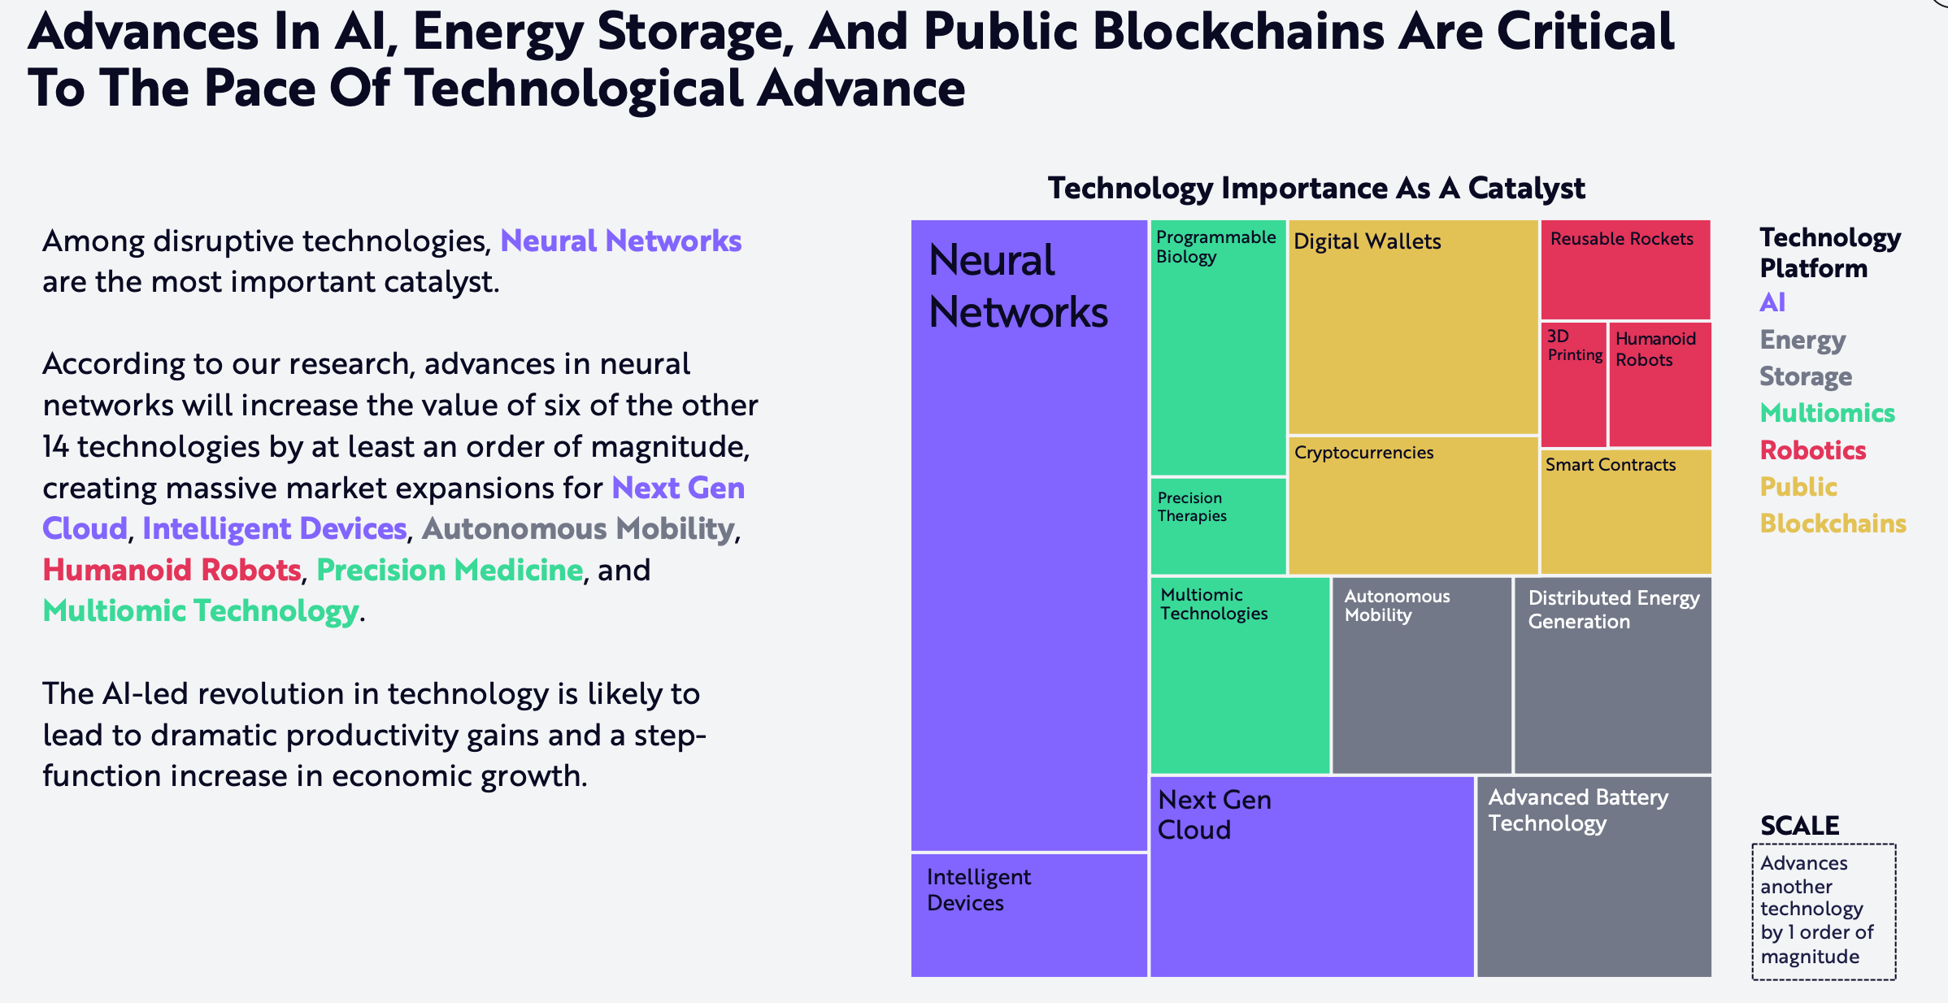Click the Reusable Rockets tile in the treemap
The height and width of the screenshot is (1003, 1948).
(x=1625, y=270)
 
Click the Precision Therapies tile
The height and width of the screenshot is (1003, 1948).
(x=1218, y=526)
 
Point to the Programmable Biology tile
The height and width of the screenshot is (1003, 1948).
(x=1218, y=348)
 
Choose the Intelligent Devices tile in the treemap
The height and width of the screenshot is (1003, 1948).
(x=1028, y=914)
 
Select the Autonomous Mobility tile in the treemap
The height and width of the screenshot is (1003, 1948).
(x=1421, y=675)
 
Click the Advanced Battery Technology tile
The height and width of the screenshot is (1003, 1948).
(x=1594, y=876)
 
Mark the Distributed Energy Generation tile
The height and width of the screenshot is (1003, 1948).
(x=1612, y=675)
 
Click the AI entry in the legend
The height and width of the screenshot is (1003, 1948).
(x=1772, y=302)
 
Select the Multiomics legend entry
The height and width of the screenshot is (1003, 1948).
(x=1827, y=413)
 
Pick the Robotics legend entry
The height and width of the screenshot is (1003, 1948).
(x=1812, y=450)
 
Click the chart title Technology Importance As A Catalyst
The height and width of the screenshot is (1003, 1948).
(x=1315, y=189)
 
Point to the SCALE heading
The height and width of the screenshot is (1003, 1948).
(x=1799, y=826)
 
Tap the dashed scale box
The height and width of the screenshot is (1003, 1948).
(x=1824, y=911)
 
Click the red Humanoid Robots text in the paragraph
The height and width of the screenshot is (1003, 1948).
(x=172, y=570)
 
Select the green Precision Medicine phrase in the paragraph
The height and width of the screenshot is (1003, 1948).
(x=449, y=570)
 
